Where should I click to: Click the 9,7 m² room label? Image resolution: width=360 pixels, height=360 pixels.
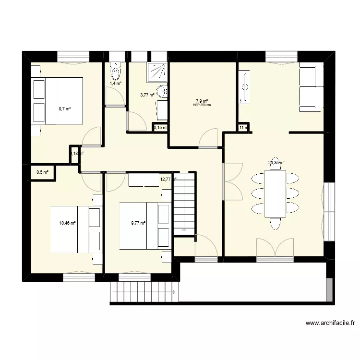point(64,109)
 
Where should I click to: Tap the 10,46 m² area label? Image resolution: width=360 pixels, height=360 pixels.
point(67,223)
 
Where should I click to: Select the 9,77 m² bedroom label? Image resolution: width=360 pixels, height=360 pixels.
point(139,223)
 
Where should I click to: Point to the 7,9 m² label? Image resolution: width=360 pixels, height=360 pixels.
point(202,101)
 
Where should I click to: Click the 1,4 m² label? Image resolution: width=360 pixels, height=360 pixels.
point(116,84)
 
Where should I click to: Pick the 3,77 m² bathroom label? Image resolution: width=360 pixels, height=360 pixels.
point(147,95)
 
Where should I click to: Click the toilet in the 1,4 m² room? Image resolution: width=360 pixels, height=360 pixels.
point(116,72)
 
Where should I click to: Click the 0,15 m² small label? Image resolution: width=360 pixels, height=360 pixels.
point(160,128)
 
